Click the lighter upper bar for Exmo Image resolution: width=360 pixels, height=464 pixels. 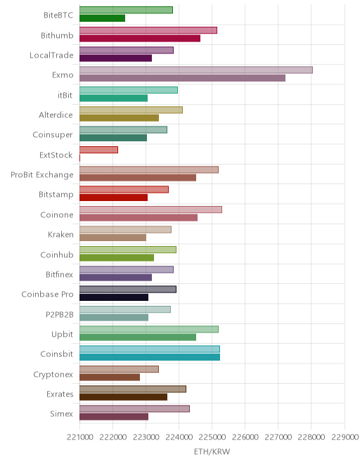click(196, 70)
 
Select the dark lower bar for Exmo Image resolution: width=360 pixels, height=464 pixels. click(182, 78)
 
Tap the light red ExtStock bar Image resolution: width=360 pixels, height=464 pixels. click(98, 150)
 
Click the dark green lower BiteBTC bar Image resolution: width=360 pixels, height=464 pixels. click(102, 18)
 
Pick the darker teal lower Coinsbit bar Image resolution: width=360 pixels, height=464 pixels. click(150, 357)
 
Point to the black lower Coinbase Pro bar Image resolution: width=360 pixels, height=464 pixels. click(114, 297)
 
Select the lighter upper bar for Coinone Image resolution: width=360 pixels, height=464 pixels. click(150, 210)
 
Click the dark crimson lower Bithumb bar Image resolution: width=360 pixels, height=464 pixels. click(140, 38)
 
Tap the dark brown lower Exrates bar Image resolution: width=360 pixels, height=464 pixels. click(123, 397)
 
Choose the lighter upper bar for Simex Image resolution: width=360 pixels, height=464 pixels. click(134, 408)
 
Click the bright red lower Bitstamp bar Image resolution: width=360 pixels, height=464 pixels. click(113, 198)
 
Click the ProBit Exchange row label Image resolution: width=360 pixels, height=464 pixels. click(41, 175)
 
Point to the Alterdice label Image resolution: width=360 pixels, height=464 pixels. click(56, 115)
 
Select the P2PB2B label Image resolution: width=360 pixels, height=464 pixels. click(59, 314)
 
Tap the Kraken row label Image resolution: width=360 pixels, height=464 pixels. click(60, 235)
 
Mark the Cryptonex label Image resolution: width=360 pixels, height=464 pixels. click(53, 375)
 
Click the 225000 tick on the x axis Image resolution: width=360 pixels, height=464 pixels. click(212, 437)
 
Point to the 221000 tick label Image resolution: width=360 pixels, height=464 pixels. click(80, 437)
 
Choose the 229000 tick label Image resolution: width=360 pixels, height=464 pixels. click(345, 437)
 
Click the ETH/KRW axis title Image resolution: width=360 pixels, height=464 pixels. click(212, 451)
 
